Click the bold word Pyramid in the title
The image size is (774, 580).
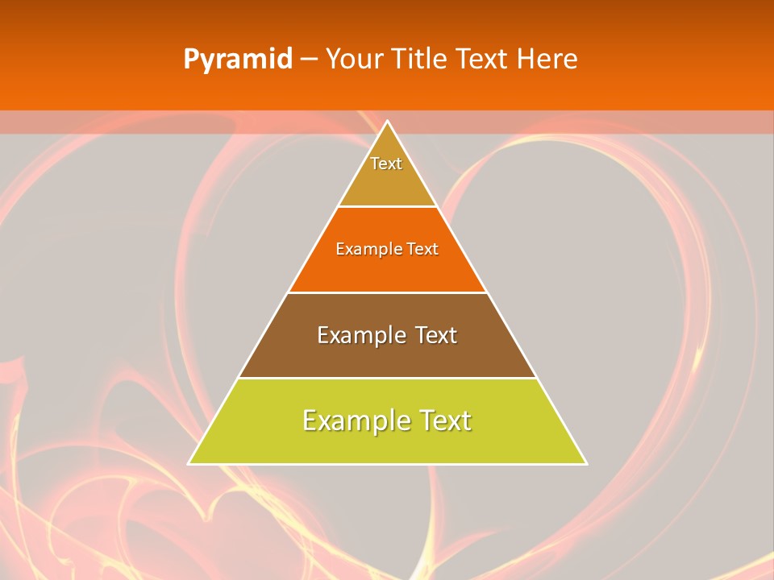pyautogui.click(x=238, y=60)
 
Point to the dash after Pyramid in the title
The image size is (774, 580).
pyautogui.click(x=309, y=60)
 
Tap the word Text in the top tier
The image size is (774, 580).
pyautogui.click(x=386, y=164)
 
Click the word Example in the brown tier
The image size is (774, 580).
pyautogui.click(x=360, y=335)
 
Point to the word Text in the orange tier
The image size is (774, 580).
pyautogui.click(x=422, y=249)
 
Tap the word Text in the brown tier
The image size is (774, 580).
pyautogui.click(x=435, y=335)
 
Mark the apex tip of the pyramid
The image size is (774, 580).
pyautogui.click(x=388, y=122)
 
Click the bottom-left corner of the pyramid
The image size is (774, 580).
pyautogui.click(x=190, y=463)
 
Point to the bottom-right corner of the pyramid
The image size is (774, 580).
pyautogui.click(x=585, y=463)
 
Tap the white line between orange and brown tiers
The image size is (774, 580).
pyautogui.click(x=387, y=292)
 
